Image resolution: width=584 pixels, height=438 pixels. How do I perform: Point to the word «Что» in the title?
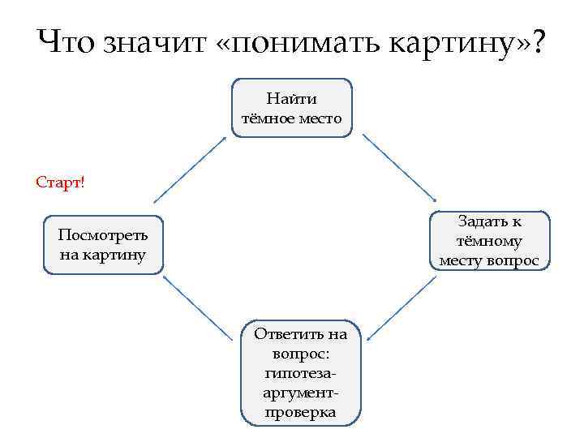point(68,41)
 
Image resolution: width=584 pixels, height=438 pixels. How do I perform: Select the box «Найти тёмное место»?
point(292,108)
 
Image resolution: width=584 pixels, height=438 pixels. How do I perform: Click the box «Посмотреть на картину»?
point(103,245)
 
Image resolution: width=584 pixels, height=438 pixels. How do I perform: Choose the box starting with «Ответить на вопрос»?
point(300,372)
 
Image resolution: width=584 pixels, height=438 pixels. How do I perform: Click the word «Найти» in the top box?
point(292,99)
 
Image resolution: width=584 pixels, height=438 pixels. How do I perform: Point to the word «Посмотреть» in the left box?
point(103,235)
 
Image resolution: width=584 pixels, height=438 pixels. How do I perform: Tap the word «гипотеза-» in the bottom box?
point(300,373)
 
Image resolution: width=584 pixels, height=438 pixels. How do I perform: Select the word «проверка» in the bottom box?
point(300,412)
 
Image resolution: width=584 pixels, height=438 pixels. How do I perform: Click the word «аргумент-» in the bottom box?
point(300,393)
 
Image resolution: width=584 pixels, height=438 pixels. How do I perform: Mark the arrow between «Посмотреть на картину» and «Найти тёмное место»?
point(191,168)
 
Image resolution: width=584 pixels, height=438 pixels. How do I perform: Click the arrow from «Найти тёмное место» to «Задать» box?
point(399,168)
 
